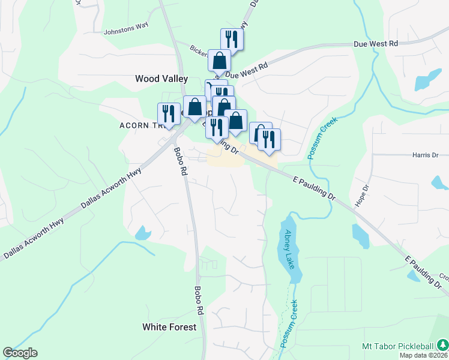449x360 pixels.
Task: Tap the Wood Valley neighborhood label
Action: [161, 79]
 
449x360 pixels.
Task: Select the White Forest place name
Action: [169, 327]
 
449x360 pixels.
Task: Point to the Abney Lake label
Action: [291, 249]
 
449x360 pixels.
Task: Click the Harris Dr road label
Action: [426, 155]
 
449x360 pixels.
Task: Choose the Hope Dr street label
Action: [362, 193]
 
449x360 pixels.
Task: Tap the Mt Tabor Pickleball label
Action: [397, 346]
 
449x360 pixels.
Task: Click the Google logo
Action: [20, 353]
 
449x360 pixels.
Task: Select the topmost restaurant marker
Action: [232, 40]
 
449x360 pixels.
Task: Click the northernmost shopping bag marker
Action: [220, 61]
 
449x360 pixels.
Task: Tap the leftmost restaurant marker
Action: [169, 114]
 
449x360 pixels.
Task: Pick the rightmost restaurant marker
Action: [270, 140]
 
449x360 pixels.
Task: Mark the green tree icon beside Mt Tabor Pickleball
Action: [442, 346]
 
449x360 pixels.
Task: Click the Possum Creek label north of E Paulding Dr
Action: [323, 138]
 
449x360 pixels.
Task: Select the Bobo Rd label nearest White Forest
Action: [199, 300]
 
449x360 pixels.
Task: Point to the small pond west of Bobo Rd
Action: [143, 233]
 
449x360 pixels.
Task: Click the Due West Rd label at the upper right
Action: [376, 44]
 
